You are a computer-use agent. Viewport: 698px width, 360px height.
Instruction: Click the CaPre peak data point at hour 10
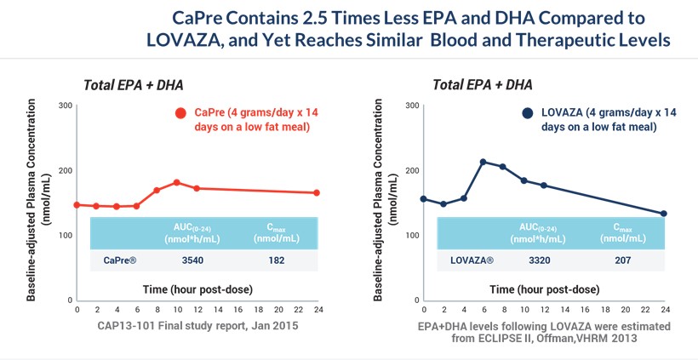tap(176, 182)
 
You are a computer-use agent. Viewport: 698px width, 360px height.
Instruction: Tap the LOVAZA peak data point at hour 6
tap(483, 162)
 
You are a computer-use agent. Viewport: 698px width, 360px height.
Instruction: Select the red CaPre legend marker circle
tap(180, 113)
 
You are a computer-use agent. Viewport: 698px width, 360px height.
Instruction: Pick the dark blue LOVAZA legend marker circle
tap(528, 113)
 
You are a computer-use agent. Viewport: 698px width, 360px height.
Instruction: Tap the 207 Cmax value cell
tap(622, 260)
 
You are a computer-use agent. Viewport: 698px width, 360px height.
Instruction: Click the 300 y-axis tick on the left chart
tap(65, 106)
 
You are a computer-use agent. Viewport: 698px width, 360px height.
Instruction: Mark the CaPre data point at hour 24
tap(317, 192)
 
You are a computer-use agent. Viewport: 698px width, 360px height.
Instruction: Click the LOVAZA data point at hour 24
tap(664, 214)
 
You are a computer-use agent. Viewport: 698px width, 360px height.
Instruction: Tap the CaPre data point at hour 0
tap(77, 204)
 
